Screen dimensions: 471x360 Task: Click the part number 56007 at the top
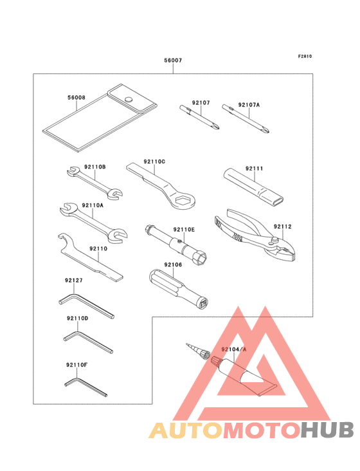coord(173,60)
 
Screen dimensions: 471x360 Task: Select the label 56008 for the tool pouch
coord(76,98)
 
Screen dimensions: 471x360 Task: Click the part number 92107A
coord(249,104)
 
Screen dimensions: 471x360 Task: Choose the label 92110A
coord(93,205)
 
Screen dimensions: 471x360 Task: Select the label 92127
coord(75,280)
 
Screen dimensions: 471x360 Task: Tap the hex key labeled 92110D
coord(87,340)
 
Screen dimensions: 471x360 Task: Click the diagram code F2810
coord(305,57)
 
